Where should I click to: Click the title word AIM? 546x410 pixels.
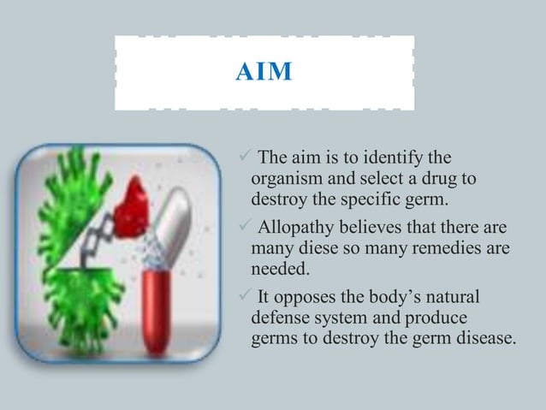(x=264, y=69)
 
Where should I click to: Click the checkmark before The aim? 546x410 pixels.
(x=240, y=158)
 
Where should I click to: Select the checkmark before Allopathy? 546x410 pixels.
(x=240, y=228)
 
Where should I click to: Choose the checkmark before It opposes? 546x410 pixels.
(x=240, y=297)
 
